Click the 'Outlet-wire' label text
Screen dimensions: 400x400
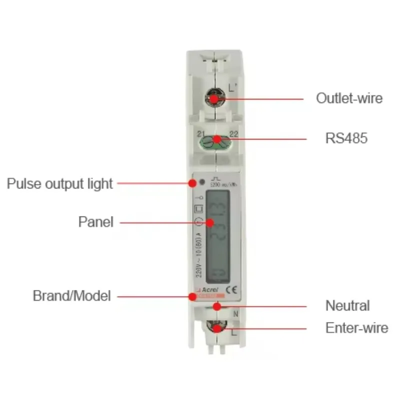[x=349, y=98]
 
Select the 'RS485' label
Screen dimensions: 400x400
[x=346, y=138]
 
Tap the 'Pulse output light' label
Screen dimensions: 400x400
[x=60, y=183]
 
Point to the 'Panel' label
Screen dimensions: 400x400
[x=96, y=221]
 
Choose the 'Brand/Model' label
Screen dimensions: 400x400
[x=71, y=295]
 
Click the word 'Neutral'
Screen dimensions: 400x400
[x=347, y=305]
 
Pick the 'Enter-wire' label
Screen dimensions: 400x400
[x=356, y=328]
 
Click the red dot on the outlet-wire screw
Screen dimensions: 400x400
[x=214, y=98]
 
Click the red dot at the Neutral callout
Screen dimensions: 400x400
[x=216, y=305]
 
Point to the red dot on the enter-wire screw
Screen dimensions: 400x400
[x=217, y=328]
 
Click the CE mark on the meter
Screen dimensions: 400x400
[x=231, y=289]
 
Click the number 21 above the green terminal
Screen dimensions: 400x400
[x=201, y=133]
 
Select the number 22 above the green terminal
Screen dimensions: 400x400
[x=233, y=133]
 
